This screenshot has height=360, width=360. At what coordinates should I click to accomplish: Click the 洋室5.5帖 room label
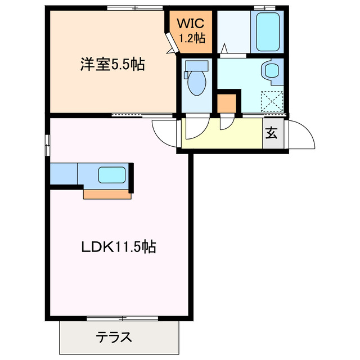(111, 65)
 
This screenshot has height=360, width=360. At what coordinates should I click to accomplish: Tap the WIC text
(191, 24)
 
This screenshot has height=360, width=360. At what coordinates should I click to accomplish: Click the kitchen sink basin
(110, 175)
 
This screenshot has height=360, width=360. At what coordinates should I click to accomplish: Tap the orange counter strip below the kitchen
(107, 195)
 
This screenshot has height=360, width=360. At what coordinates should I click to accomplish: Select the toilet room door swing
(194, 127)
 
